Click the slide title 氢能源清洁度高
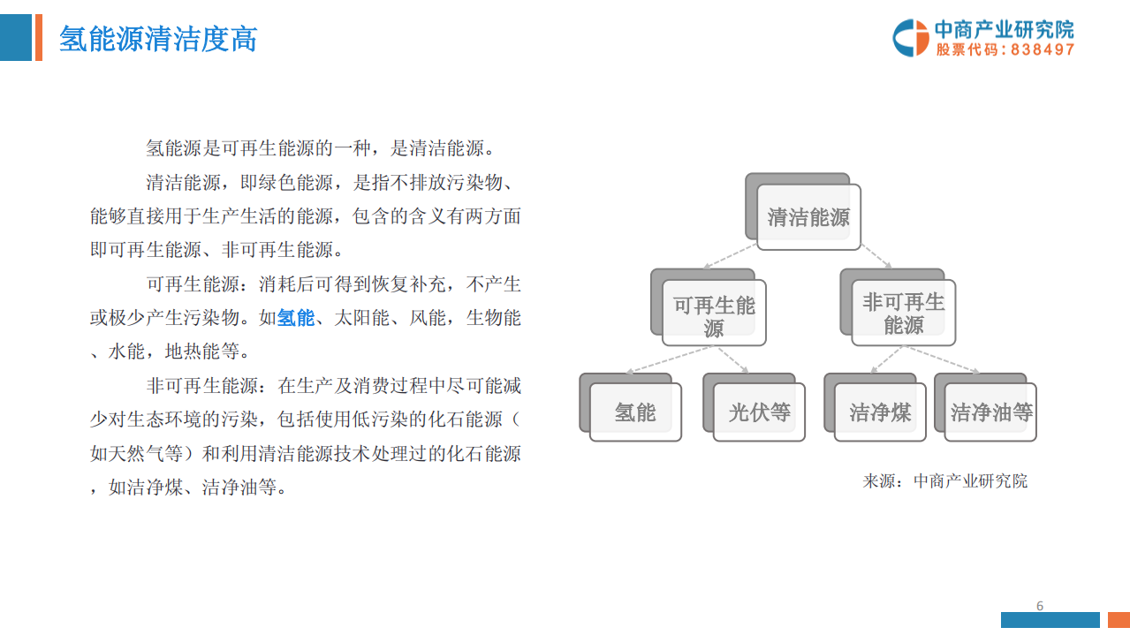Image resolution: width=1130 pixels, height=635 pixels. pos(158,39)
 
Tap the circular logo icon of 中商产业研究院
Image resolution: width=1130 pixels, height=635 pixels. pos(910,38)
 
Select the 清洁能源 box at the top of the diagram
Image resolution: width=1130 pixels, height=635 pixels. pos(808,216)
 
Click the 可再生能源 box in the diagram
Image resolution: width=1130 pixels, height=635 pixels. pos(714,313)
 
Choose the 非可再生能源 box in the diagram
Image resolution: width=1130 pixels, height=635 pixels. pos(903,313)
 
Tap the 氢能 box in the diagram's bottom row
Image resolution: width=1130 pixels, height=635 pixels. pos(635,412)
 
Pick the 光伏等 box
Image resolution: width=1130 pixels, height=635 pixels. pos(759,412)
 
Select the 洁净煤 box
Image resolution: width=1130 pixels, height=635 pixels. pos(880,412)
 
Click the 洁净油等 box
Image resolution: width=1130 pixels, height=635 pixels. pos(990,412)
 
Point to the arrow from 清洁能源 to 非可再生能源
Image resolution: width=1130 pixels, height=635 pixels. pos(876,256)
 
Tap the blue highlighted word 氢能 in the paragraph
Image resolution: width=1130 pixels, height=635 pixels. pos(296,318)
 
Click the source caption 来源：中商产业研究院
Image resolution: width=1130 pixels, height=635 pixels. pos(944,481)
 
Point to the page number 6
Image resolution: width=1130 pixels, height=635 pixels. pos(1040,606)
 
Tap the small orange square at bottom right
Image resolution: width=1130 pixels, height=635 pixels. pos(1119,620)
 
